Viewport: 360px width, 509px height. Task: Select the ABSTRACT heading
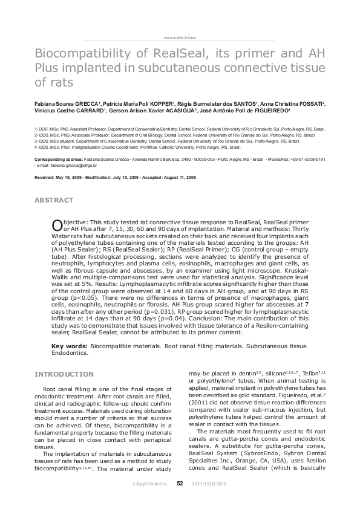pos(54,199)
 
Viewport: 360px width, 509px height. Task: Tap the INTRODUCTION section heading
pos(64,374)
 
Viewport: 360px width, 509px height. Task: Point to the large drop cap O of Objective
pos(57,225)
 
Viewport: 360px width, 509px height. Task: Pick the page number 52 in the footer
pos(180,500)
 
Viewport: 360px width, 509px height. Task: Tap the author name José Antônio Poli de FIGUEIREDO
pos(263,111)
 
